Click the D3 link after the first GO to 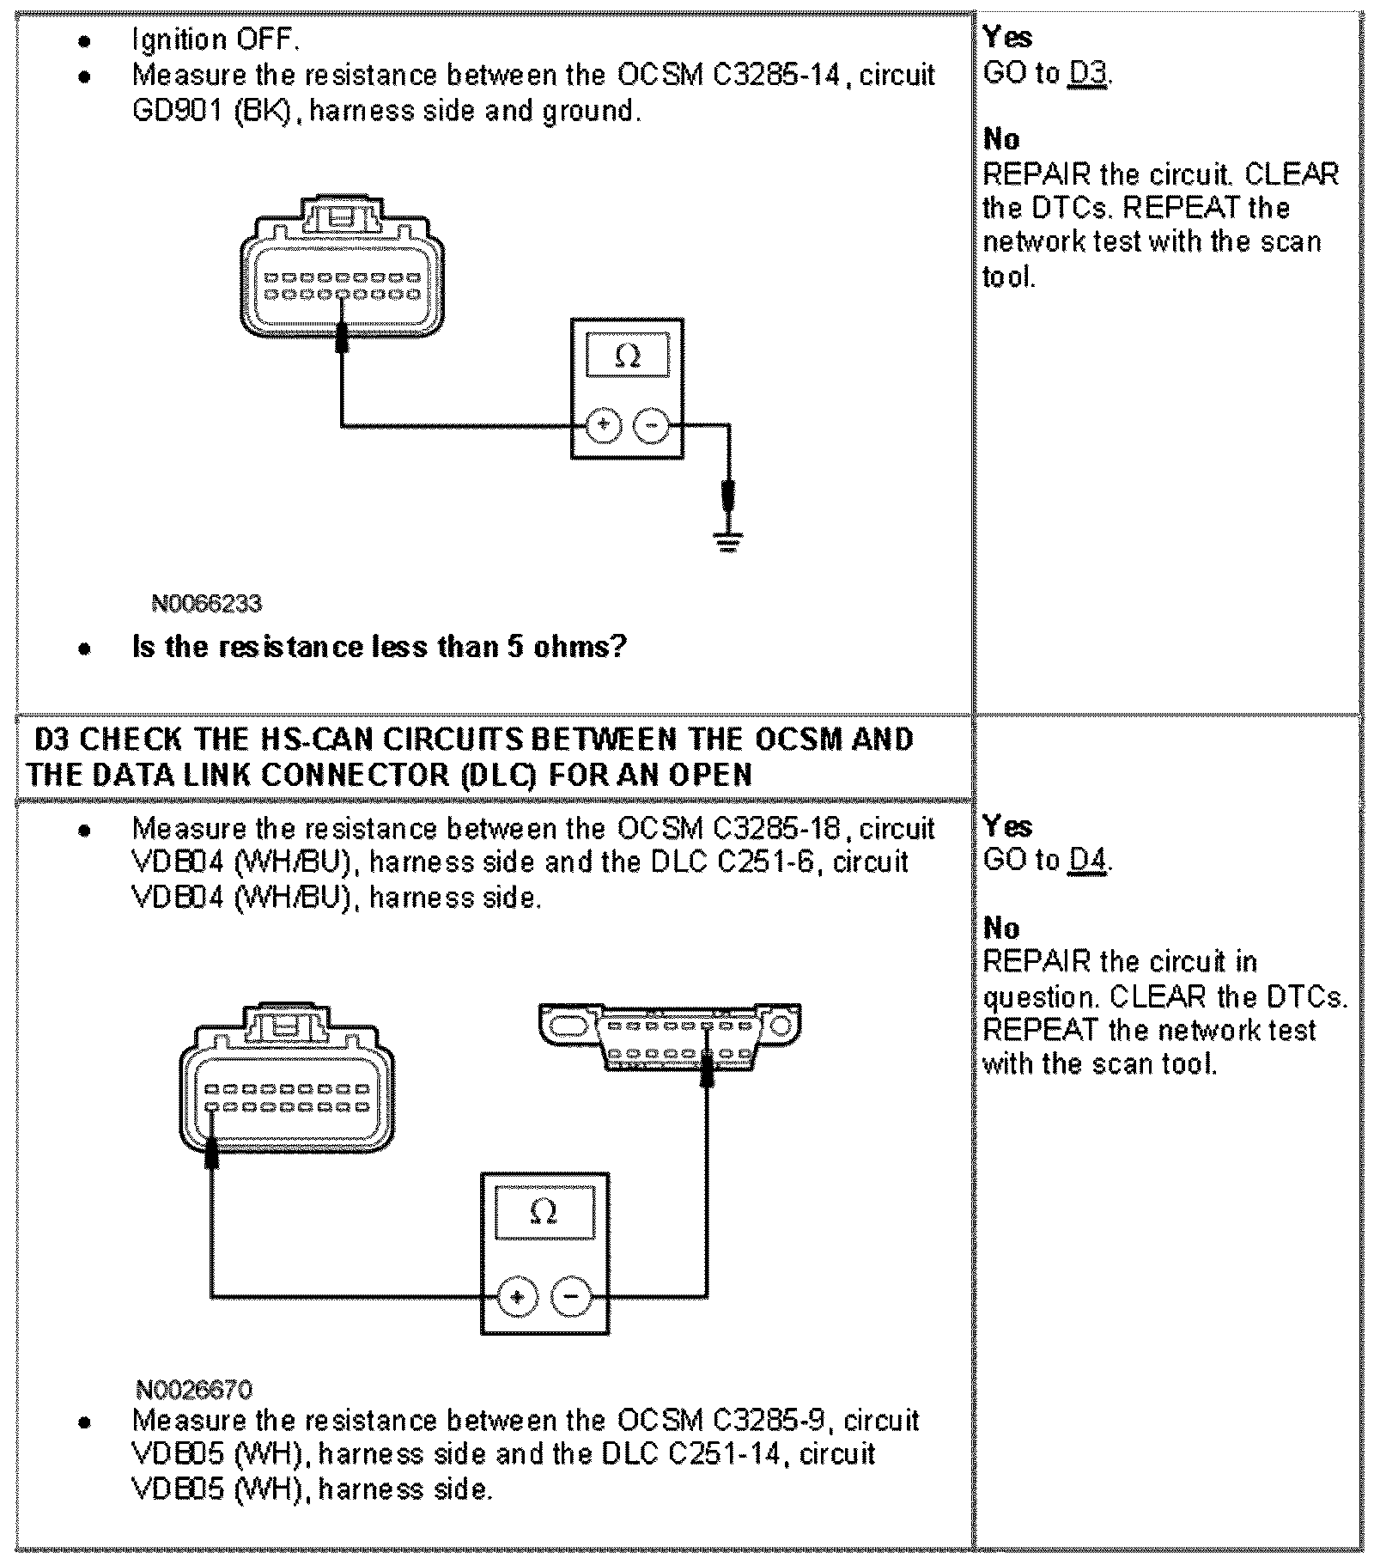tap(1088, 74)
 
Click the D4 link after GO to tap(1088, 860)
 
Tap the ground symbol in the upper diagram tap(727, 541)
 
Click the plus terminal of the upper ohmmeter tap(604, 424)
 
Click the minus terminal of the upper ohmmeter tap(652, 424)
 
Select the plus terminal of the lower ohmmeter tap(517, 1296)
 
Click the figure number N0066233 tap(206, 604)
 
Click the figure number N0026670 tap(194, 1390)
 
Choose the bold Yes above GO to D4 tap(1006, 826)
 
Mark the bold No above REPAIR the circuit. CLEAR tap(1001, 139)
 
